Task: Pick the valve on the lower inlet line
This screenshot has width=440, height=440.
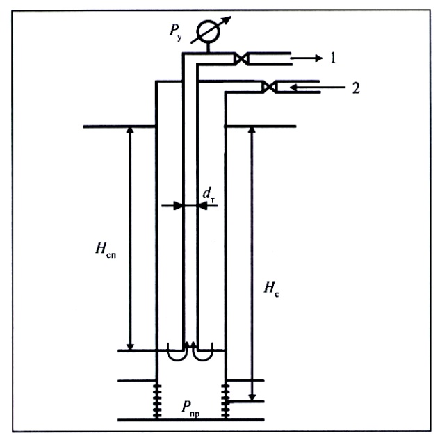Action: pyautogui.click(x=269, y=87)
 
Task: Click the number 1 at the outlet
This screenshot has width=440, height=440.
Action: pyautogui.click(x=334, y=59)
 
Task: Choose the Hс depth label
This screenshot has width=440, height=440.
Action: pyautogui.click(x=276, y=286)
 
